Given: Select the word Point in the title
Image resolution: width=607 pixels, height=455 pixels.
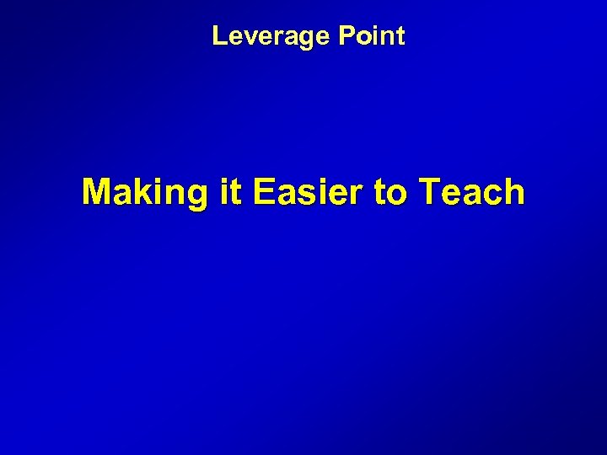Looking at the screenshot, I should [372, 36].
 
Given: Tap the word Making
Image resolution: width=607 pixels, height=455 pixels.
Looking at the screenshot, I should [144, 193].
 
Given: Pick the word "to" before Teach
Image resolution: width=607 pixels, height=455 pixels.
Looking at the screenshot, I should [390, 193].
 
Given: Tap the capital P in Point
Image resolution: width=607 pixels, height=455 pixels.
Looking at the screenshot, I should [346, 36].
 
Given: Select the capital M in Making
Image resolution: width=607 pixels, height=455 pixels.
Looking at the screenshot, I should [97, 192].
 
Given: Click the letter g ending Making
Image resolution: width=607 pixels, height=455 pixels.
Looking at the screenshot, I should [195, 196].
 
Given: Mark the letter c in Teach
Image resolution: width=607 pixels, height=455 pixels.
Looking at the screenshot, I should [492, 195].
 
